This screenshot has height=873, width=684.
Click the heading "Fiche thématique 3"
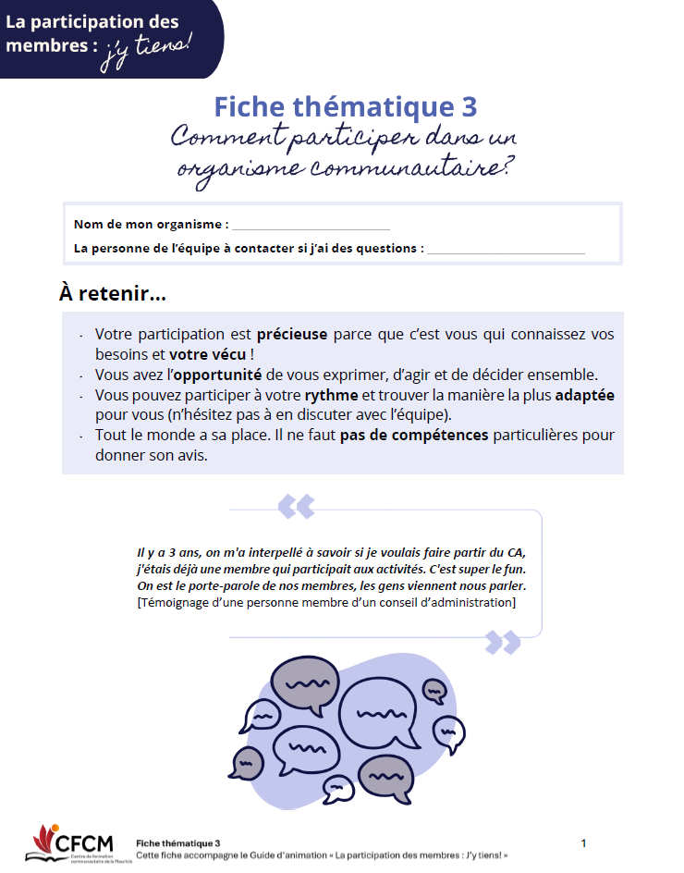[346, 106]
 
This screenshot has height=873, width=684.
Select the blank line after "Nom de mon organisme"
[311, 225]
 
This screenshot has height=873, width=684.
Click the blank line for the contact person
[506, 249]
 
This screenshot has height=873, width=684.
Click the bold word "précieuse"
[292, 335]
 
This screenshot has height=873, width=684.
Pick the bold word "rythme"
[332, 395]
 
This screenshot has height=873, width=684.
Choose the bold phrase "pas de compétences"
[414, 436]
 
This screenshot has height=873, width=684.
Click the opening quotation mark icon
[296, 506]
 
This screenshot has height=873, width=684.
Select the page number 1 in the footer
[583, 843]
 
